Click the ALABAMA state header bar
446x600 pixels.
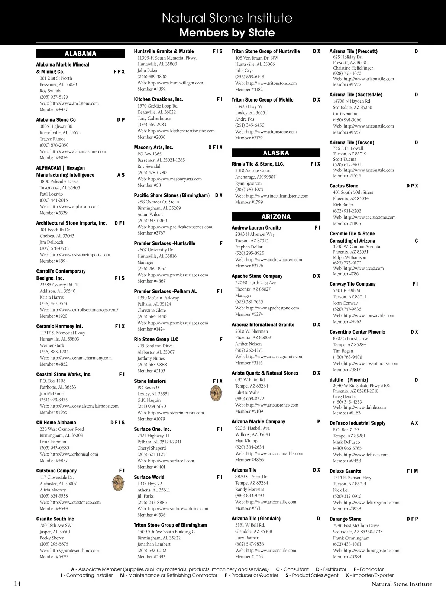80,54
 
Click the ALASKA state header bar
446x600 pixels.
276,153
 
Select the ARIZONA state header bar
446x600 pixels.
276,216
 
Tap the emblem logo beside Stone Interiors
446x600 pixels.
216,393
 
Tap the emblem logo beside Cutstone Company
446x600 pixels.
118,483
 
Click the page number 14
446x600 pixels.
17,584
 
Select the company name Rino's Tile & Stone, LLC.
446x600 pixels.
258,164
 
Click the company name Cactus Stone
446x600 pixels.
344,186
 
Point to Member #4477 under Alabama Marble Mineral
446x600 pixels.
54,110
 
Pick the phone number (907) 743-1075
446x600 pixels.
249,190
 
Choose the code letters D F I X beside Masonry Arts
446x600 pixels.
215,148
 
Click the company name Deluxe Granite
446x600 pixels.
345,471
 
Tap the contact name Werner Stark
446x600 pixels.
52,346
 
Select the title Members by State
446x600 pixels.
227,33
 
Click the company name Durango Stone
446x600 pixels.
345,519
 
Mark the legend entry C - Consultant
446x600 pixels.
292,569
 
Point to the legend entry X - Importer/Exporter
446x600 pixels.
369,575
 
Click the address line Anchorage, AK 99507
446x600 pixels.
255,177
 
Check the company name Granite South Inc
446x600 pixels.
55,519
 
